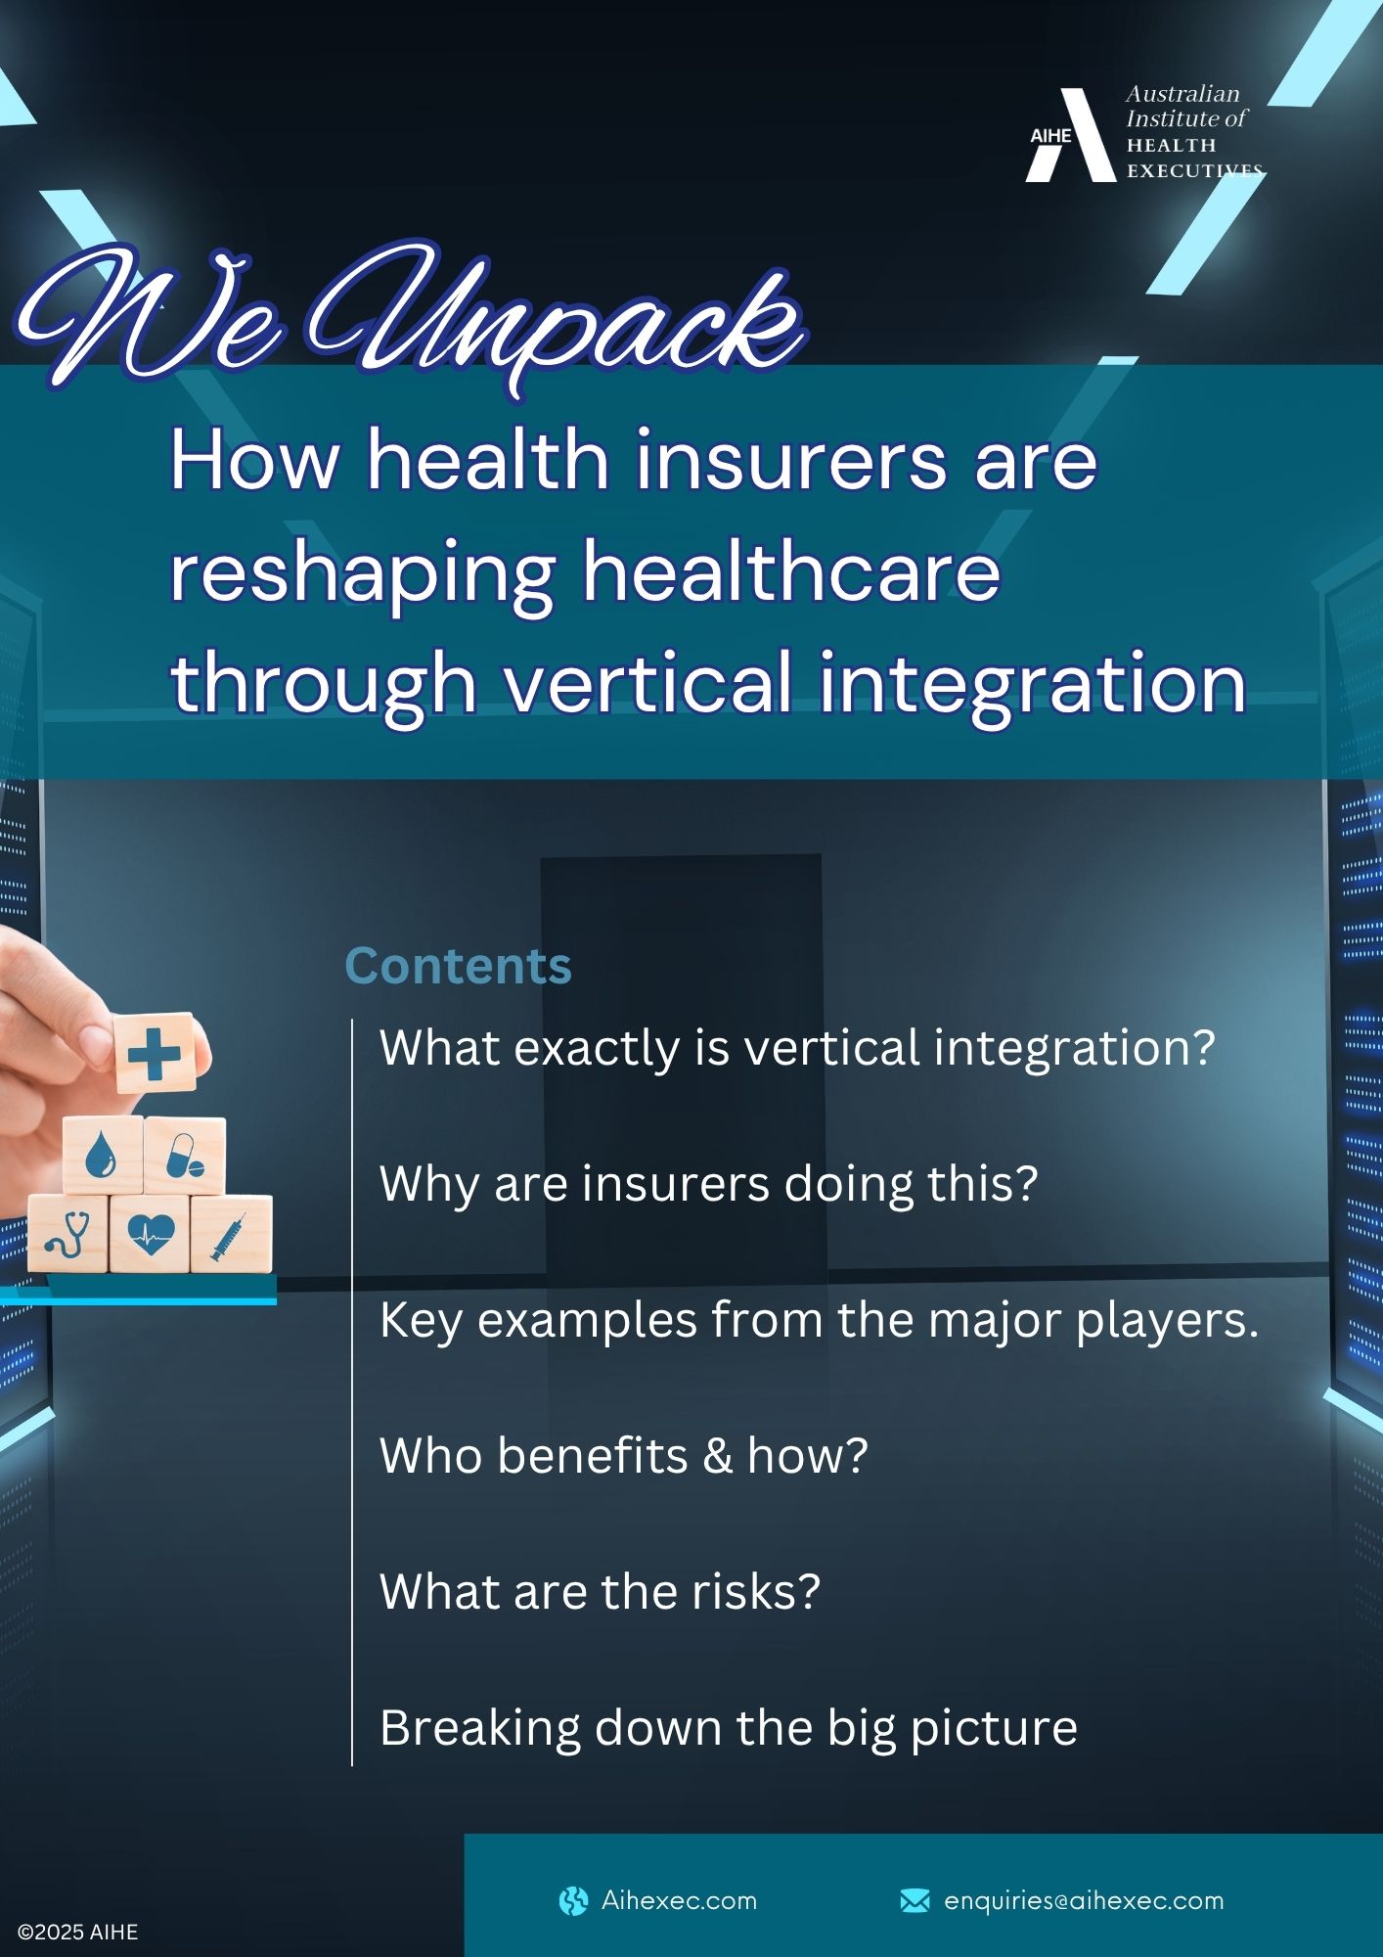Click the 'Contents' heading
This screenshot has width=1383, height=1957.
[x=458, y=966]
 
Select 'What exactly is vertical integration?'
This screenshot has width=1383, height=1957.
[x=797, y=1048]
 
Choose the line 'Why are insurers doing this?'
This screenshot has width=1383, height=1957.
[x=708, y=1184]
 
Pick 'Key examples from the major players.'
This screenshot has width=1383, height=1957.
[x=820, y=1320]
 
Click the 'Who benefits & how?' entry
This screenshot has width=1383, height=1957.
[x=624, y=1455]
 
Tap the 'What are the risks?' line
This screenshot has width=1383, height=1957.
[x=600, y=1591]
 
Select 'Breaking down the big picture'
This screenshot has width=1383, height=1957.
[x=729, y=1728]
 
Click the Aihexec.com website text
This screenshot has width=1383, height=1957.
[x=679, y=1900]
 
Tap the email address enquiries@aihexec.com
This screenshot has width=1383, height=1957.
[x=1084, y=1900]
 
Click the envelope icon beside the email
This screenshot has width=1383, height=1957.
[x=915, y=1900]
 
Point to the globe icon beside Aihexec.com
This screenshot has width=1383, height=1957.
[x=573, y=1900]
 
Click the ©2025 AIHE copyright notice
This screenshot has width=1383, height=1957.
[x=78, y=1933]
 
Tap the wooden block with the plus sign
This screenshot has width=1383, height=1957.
[x=156, y=1053]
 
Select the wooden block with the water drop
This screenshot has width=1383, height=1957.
[x=103, y=1156]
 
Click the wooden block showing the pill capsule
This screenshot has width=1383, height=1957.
[x=185, y=1156]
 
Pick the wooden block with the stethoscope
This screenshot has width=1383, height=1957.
[x=67, y=1233]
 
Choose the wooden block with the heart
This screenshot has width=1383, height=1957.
[x=150, y=1233]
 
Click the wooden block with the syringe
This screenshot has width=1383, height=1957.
[x=231, y=1233]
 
